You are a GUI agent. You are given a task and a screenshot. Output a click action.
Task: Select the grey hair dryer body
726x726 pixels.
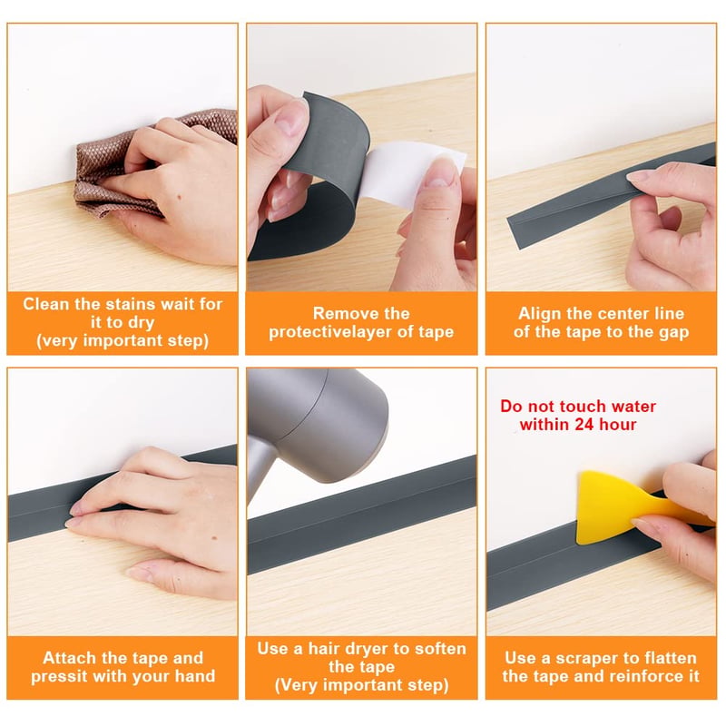[319, 424]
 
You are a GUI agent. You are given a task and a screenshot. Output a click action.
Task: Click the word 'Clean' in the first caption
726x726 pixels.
[46, 304]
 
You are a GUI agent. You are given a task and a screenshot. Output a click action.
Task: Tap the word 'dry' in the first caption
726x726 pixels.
[142, 323]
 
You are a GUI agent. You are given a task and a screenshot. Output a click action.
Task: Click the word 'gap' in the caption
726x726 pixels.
[674, 333]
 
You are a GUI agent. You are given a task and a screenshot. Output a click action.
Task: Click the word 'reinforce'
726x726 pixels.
[646, 676]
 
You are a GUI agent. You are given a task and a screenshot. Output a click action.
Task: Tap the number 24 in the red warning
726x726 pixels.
[584, 424]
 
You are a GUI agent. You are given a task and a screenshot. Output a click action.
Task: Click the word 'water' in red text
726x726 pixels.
[633, 407]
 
